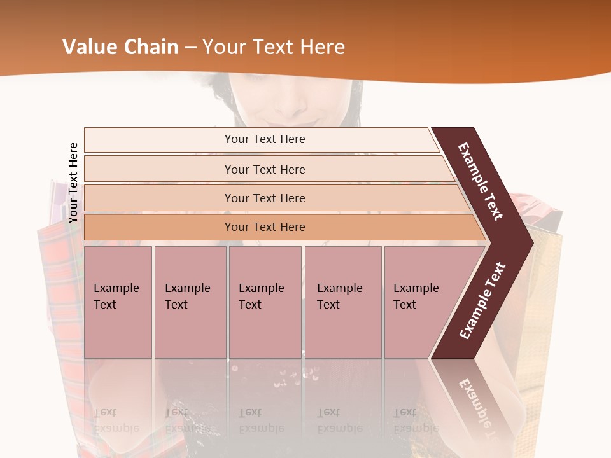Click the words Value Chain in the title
pos(120,47)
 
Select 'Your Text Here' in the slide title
pos(274,47)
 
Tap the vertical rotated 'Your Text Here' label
pos(73,183)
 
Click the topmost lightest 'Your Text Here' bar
pos(264,139)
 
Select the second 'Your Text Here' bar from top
pos(264,169)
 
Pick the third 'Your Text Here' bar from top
pos(264,198)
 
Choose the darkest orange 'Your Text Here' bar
pos(264,227)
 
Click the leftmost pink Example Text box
pos(118,302)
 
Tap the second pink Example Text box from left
pos(190,302)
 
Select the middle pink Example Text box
pos(265,302)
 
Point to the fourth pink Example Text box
pos(342,302)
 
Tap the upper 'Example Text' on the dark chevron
pos(481,181)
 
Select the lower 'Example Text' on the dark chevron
pos(482,300)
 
